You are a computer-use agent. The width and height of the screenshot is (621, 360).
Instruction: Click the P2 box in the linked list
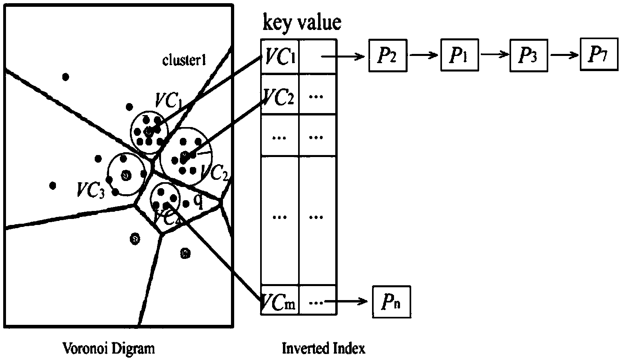tap(387, 56)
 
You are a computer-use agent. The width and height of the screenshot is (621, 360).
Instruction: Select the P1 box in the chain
tap(460, 56)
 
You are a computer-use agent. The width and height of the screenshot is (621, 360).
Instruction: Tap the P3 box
tap(528, 56)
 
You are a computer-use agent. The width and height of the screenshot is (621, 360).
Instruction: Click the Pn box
tap(391, 302)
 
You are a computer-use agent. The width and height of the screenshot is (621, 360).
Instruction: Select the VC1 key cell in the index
tap(280, 56)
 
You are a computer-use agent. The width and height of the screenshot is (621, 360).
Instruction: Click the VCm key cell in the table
tap(280, 302)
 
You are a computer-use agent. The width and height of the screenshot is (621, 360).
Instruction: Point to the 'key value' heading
tap(302, 23)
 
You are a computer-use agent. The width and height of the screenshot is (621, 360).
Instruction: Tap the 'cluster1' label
tap(184, 60)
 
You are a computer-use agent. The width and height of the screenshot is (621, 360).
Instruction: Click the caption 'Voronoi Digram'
tap(108, 348)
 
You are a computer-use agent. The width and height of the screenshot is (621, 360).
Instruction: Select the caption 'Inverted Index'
tap(323, 348)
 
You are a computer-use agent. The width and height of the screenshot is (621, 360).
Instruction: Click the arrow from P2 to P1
tap(424, 56)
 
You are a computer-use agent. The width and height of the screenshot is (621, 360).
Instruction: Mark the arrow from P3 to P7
tap(564, 56)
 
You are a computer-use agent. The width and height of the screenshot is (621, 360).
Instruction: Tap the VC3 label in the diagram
tap(91, 190)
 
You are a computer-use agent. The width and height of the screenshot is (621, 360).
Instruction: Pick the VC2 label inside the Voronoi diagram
tap(215, 172)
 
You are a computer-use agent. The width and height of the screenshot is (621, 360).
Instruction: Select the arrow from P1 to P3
tap(495, 56)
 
